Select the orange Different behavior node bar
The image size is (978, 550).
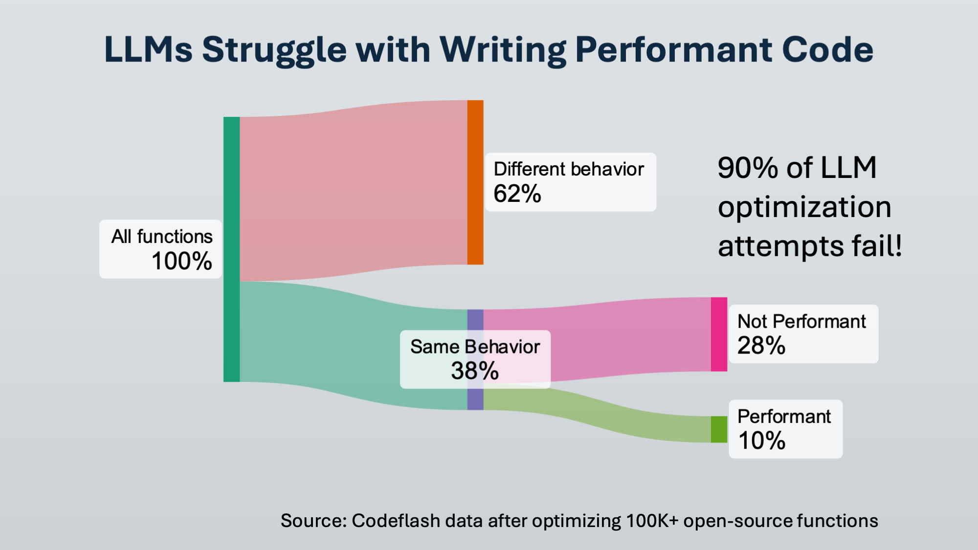coord(475,182)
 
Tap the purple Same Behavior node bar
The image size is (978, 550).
coord(475,320)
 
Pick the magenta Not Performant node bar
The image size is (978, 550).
coord(719,334)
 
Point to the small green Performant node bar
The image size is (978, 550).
coord(719,429)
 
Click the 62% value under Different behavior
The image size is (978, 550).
coord(517,194)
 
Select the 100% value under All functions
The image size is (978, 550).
coord(181,261)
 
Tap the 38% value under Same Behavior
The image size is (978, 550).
coord(475,371)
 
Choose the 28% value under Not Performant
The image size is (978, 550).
coord(761,346)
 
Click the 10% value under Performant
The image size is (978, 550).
coord(762,440)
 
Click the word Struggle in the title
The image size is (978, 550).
coord(274,50)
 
